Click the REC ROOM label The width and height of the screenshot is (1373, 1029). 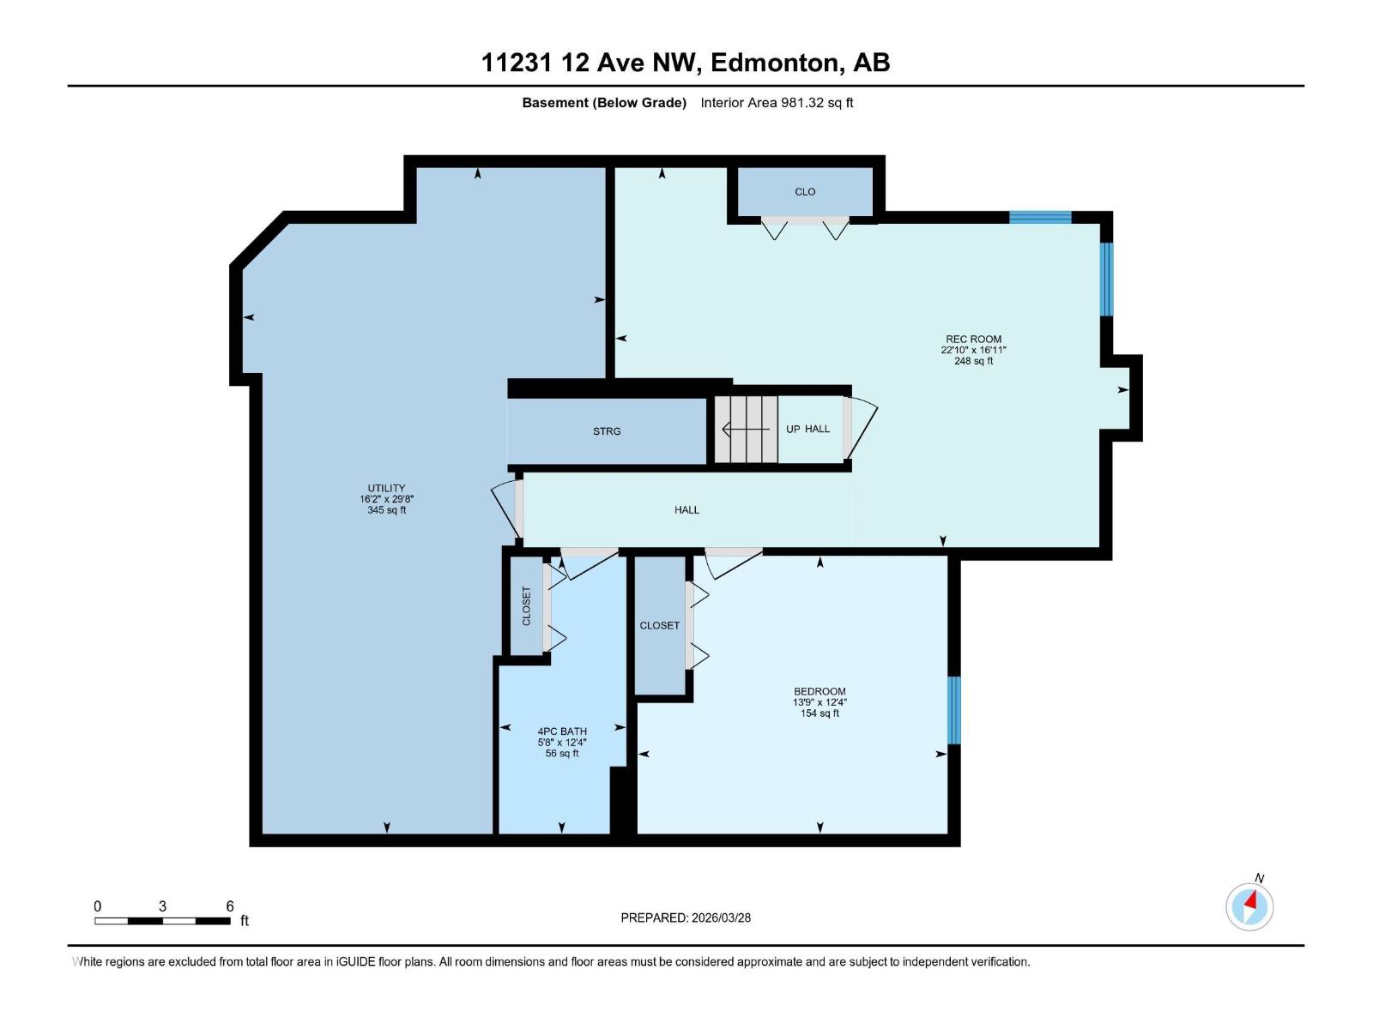click(973, 340)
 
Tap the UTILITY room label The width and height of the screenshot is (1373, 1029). click(386, 488)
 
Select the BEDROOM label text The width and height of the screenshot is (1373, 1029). click(820, 691)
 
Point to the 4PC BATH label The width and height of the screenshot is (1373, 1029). click(562, 731)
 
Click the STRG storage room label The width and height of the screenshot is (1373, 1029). click(607, 431)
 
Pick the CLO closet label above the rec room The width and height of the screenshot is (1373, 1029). click(805, 192)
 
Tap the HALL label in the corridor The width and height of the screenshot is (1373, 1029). click(686, 510)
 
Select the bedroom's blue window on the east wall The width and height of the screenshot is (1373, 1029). click(953, 710)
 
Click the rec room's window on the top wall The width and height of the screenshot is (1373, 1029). click(1040, 217)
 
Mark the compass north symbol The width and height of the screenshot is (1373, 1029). click(1249, 906)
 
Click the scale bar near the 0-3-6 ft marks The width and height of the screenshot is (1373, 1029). click(162, 921)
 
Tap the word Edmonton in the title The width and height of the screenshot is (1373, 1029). click(775, 63)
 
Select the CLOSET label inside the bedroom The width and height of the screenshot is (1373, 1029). click(659, 626)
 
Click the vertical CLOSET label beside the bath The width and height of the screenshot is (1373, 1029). click(527, 605)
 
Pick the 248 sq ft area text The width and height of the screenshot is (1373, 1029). click(973, 361)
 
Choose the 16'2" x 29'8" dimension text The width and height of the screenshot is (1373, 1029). click(386, 499)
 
